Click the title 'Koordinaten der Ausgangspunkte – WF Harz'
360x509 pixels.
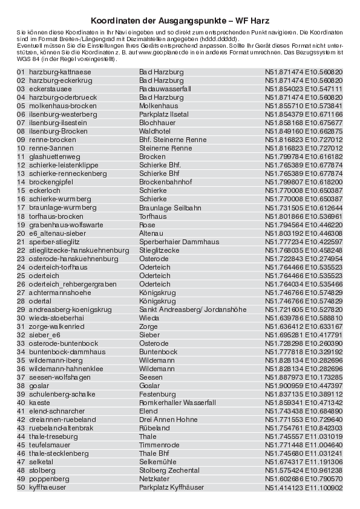click(x=180, y=21)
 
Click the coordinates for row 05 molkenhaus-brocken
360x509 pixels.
click(x=304, y=105)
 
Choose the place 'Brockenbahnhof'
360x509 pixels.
click(x=165, y=181)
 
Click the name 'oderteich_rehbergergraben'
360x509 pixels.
click(x=73, y=284)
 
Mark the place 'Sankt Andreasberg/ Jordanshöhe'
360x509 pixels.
click(x=192, y=310)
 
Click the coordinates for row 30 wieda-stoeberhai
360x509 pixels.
click(x=304, y=318)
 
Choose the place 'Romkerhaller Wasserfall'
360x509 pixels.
click(x=177, y=402)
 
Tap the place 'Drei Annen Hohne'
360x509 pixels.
click(x=168, y=419)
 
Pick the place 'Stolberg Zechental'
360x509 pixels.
click(x=169, y=470)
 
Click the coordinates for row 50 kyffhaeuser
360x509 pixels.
click(x=304, y=487)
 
